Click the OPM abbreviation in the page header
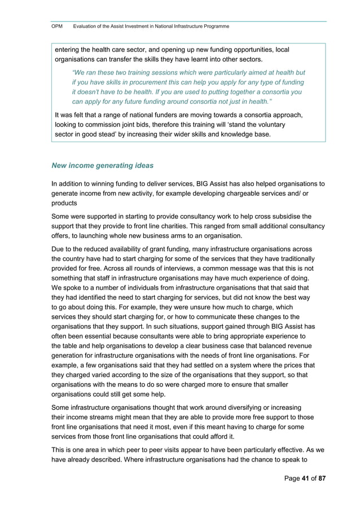[57, 27]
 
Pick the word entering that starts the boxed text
[69, 50]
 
